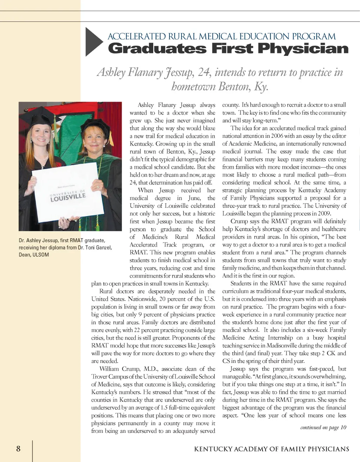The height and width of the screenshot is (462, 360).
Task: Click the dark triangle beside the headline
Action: pos(93,42)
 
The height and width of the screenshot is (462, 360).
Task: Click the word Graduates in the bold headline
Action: pos(157,49)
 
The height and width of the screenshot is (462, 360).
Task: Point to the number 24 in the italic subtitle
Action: pos(204,72)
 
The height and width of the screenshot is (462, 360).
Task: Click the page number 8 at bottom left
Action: pos(18,448)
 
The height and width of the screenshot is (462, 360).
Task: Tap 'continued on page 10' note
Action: pos(323,427)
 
